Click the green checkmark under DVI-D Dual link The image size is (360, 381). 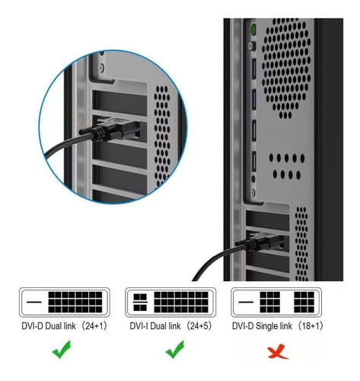62,349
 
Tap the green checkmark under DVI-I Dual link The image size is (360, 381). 175,349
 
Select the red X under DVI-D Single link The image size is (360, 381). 278,351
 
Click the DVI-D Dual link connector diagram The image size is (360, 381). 65,302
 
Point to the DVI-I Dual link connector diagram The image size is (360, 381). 170,302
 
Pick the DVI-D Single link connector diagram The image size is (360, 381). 276,302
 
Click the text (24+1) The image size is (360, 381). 94,326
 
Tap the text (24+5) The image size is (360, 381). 199,326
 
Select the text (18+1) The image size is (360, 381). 311,326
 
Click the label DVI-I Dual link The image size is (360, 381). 155,326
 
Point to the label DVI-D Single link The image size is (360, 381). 262,326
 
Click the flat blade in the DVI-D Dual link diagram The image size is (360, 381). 34,302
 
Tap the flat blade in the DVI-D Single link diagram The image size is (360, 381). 246,302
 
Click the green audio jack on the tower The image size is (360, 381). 253,30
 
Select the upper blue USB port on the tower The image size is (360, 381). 253,69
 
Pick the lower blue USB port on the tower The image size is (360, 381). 253,100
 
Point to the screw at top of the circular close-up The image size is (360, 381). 102,68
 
